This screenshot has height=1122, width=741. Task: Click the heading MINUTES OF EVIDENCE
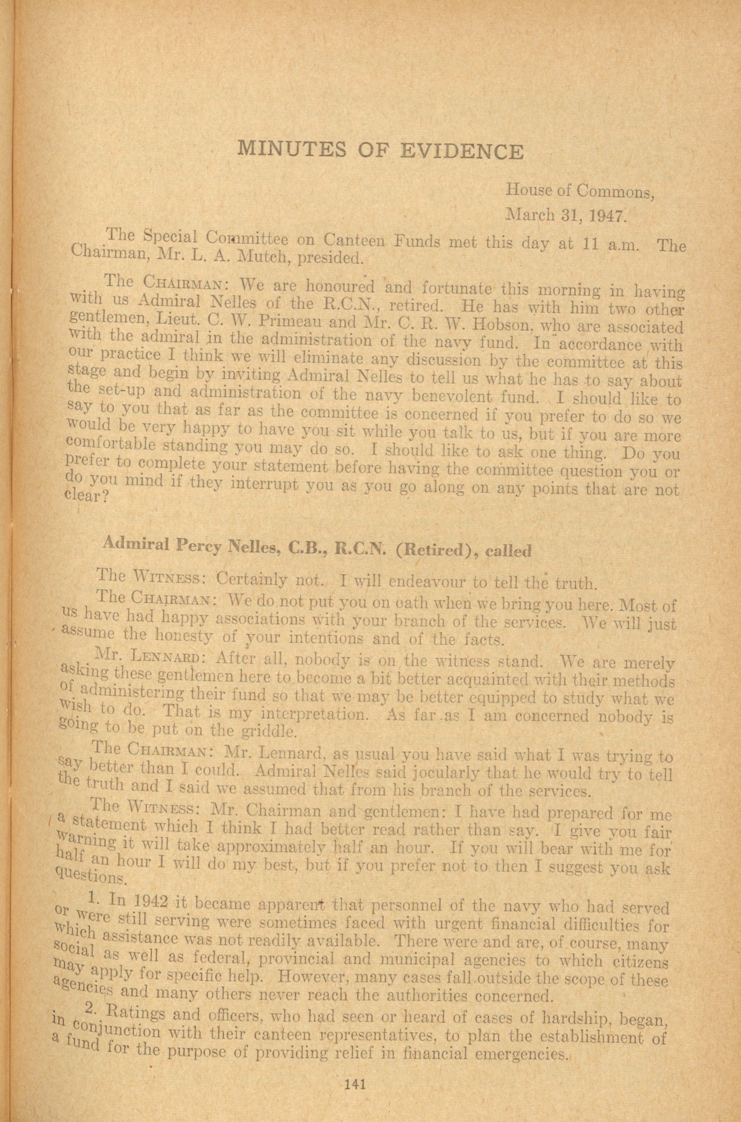click(x=381, y=151)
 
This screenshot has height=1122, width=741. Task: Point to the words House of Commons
click(x=580, y=192)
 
